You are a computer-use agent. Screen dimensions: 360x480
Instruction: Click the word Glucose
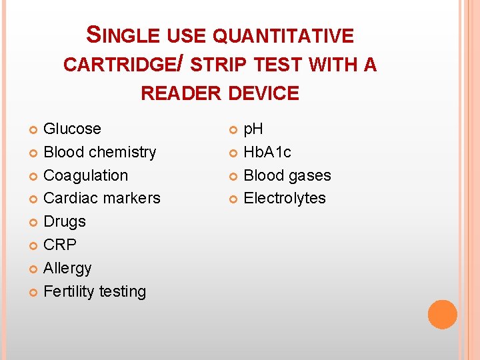click(72, 129)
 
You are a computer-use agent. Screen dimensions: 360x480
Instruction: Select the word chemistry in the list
click(123, 152)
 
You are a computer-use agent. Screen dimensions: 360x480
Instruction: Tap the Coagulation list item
click(85, 175)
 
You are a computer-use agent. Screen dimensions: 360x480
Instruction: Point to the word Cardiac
click(69, 198)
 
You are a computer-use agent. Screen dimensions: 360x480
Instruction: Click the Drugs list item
click(64, 221)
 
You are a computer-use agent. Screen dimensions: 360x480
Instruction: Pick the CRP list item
click(60, 245)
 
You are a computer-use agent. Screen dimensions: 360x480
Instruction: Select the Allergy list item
click(67, 268)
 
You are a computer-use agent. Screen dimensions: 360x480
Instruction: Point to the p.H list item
click(253, 129)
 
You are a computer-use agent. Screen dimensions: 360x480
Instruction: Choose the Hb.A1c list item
click(267, 152)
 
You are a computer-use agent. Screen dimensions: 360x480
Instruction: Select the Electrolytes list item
click(285, 198)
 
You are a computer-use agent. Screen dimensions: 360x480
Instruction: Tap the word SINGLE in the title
click(125, 35)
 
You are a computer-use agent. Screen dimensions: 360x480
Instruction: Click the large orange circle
click(443, 314)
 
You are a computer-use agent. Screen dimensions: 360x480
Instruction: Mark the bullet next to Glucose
click(34, 129)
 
